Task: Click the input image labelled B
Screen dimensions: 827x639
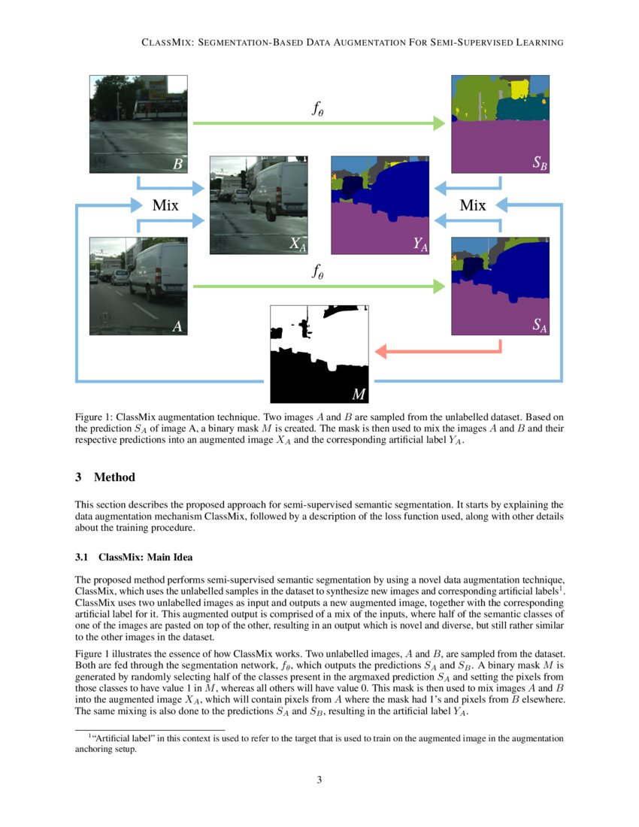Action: (x=138, y=124)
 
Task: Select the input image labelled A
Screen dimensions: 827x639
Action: (x=138, y=286)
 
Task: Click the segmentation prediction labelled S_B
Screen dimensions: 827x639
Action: (x=501, y=124)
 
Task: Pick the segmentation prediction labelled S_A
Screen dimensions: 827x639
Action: (x=501, y=286)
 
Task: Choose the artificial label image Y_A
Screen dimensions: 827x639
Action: (x=380, y=204)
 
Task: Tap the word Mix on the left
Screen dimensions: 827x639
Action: (x=169, y=204)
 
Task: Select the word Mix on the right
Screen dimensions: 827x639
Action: (x=472, y=204)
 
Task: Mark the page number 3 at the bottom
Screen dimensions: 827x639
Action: (x=319, y=780)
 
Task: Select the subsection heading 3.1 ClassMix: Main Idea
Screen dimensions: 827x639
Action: (x=135, y=557)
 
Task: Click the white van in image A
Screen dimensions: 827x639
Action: (x=158, y=271)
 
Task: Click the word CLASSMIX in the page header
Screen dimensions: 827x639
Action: (x=165, y=43)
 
